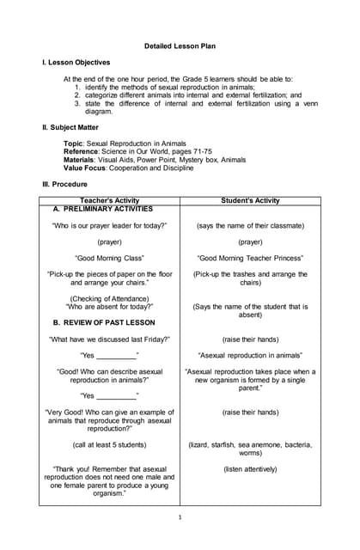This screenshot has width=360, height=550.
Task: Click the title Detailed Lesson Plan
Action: (180, 45)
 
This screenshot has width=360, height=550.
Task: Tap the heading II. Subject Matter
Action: (73, 127)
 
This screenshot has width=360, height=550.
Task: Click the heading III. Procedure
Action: (64, 184)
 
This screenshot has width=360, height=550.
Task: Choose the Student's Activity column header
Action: (250, 200)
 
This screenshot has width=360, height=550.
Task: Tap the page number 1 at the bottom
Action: (180, 517)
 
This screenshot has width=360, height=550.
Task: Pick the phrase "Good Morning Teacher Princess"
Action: (250, 258)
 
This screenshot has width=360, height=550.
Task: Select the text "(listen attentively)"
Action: (250, 469)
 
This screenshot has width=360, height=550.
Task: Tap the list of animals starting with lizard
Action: (250, 448)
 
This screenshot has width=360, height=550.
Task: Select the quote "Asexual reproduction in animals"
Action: (250, 355)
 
